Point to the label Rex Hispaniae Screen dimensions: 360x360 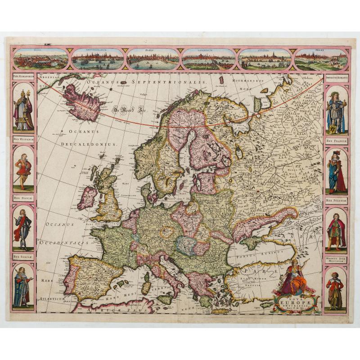23,139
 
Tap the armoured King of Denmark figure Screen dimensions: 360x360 22,227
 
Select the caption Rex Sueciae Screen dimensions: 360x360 23,257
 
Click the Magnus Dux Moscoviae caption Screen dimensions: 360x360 336,260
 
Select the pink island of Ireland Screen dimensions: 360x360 87,198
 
